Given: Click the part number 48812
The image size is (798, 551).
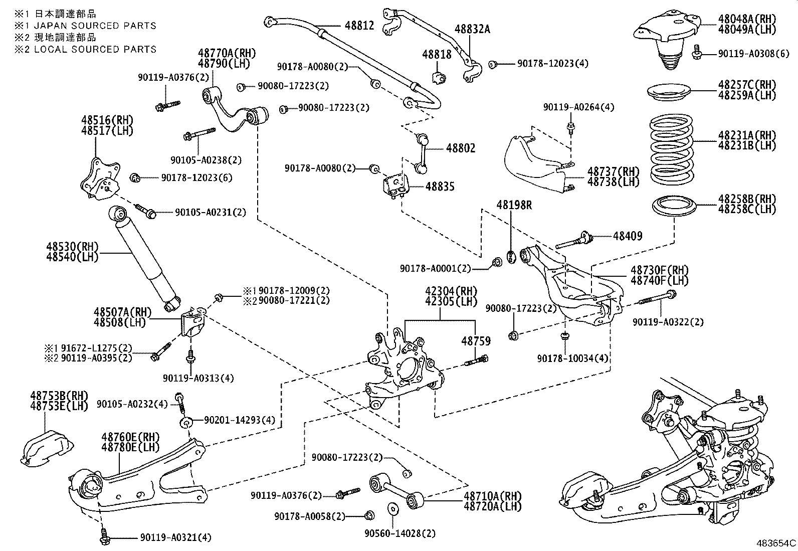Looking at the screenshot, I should point(359,25).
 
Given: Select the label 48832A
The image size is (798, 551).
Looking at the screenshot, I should point(472,29).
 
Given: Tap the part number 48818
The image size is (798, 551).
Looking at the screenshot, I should point(437,54).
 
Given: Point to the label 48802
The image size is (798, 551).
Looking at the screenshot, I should point(461,148).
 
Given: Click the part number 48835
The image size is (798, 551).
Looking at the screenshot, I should point(440,187).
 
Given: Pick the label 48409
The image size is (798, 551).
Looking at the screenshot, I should point(628,236).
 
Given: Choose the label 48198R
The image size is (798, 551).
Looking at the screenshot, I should point(514,205).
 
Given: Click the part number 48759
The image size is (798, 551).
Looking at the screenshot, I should point(476,341).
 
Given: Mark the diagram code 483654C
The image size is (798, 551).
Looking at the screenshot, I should point(776,543).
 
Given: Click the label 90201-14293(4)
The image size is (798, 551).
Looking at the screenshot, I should point(240,420).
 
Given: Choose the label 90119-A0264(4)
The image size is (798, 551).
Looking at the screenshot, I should point(579,107).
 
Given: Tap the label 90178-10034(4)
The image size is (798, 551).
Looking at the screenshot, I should point(572,359).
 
